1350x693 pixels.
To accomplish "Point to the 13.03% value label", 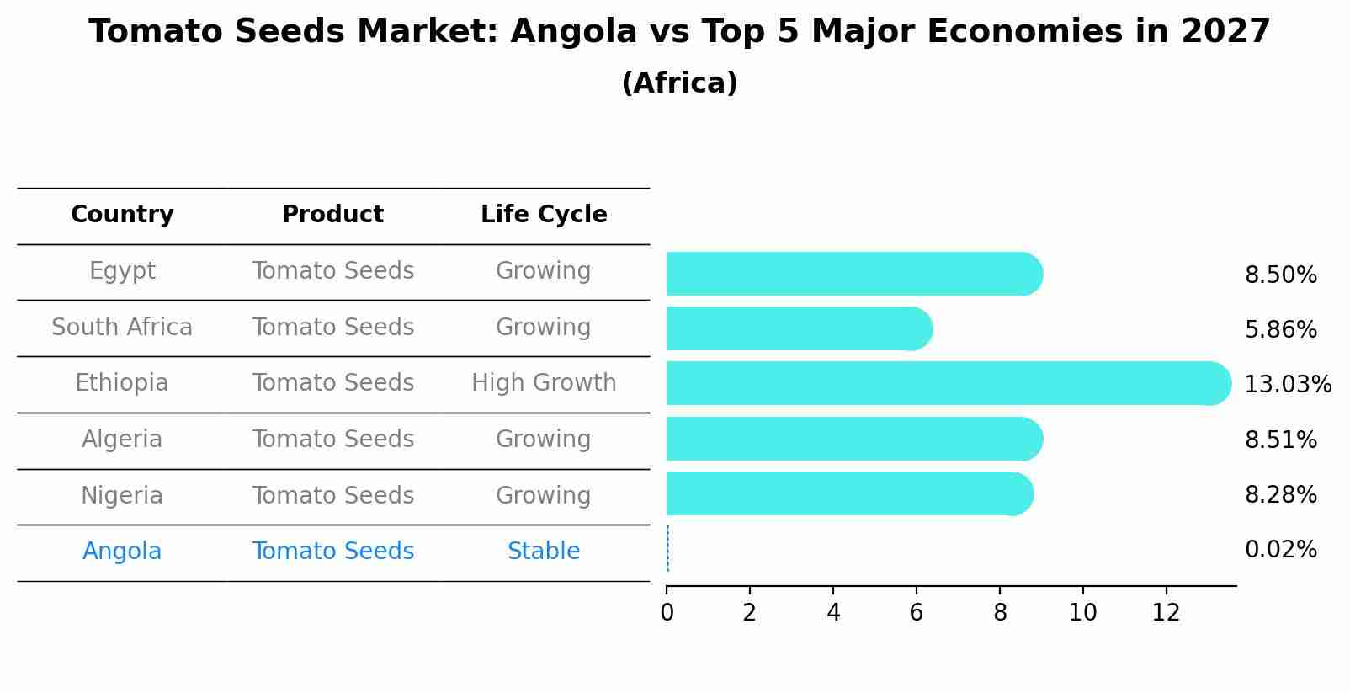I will tap(1287, 385).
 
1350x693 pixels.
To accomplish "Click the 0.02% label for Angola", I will tap(1280, 550).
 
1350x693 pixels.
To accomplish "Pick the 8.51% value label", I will tap(1280, 440).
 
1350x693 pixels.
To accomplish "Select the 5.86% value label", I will tap(1280, 329).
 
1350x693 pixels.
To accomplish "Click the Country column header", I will tap(122, 215).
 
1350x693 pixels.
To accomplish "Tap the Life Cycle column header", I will tap(544, 215).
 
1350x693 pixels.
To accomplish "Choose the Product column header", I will tap(332, 215).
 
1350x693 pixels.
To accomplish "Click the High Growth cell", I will tap(544, 383).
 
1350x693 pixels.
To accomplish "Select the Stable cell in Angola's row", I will tap(544, 552).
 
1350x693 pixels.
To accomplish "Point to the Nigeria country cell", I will tap(122, 495).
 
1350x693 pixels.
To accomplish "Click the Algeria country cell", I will tap(122, 440).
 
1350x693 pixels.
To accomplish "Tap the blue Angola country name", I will tap(122, 552).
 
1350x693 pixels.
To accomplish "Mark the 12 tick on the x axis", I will tap(1166, 613).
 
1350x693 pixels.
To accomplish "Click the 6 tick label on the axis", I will tap(916, 613).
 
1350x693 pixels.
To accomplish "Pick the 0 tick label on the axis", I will tap(667, 613).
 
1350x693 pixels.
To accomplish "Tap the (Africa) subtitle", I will tap(679, 83).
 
